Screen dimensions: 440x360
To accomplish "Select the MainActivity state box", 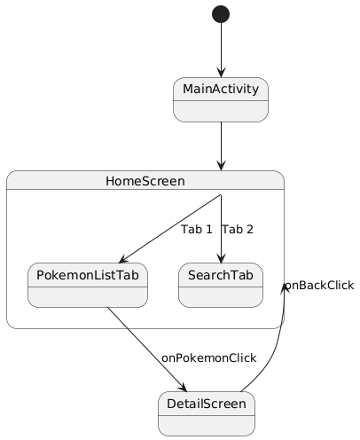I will click(x=220, y=99).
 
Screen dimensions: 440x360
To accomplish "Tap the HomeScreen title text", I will click(x=145, y=181).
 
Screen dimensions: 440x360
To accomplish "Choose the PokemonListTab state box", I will click(x=87, y=284).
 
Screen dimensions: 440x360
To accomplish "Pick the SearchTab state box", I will click(x=221, y=284).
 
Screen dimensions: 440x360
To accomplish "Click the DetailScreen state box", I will click(x=206, y=414).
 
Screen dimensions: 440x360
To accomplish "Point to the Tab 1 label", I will click(x=196, y=229).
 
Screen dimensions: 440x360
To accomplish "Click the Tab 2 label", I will click(x=238, y=229).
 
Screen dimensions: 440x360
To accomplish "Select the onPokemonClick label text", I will click(x=208, y=357).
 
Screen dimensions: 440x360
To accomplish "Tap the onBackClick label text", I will click(x=319, y=285).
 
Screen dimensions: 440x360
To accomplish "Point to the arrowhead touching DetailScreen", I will click(x=183, y=387).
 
